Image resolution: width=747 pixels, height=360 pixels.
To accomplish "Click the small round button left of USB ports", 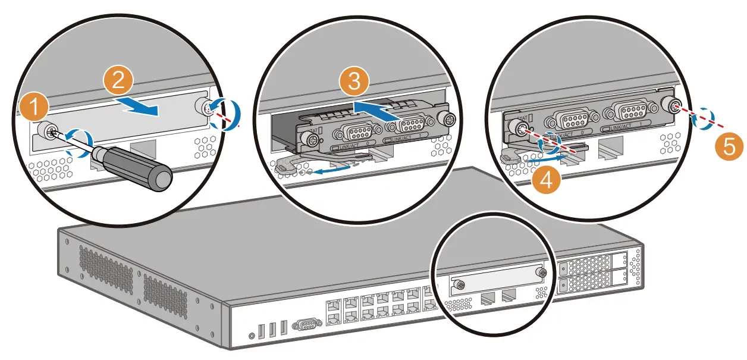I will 252,336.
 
